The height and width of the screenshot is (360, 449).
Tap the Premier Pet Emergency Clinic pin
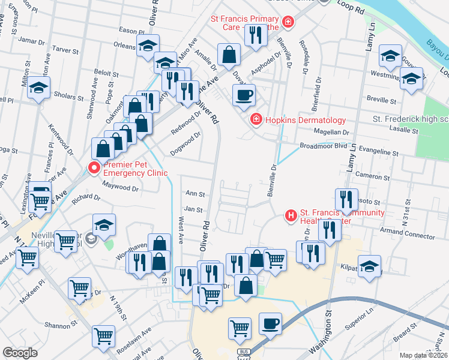coord(94,169)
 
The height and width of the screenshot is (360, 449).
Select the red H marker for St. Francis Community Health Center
coord(291,215)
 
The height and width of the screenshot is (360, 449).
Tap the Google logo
coord(20,353)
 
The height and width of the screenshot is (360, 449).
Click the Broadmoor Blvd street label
coord(324,146)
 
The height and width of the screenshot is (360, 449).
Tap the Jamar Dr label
coord(32,41)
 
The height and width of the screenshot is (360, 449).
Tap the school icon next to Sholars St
coord(38,89)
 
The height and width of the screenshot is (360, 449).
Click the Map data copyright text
coord(424,355)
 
